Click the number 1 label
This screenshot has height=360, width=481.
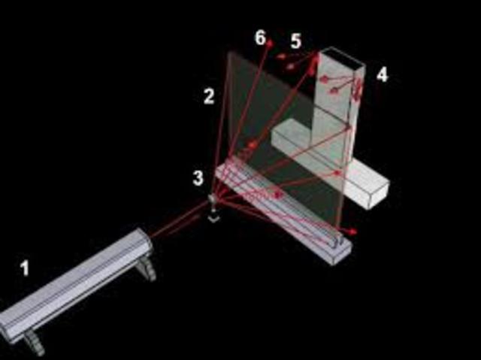click(x=25, y=268)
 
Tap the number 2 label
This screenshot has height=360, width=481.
click(x=209, y=96)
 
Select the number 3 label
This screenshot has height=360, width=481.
click(x=198, y=178)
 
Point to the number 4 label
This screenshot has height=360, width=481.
click(x=383, y=75)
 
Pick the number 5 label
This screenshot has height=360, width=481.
click(x=295, y=41)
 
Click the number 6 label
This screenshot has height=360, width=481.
click(x=260, y=38)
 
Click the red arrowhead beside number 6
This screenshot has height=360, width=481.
click(x=270, y=44)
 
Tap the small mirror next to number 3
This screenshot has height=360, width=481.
click(x=212, y=198)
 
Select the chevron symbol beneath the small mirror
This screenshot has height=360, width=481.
click(x=213, y=219)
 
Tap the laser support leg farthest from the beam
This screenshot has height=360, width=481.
click(x=35, y=343)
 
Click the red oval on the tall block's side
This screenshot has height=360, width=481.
click(x=358, y=88)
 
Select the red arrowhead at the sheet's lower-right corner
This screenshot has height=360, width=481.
click(x=352, y=231)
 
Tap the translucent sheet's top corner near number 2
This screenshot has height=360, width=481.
click(x=228, y=52)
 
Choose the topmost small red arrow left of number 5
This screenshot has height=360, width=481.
click(x=281, y=56)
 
